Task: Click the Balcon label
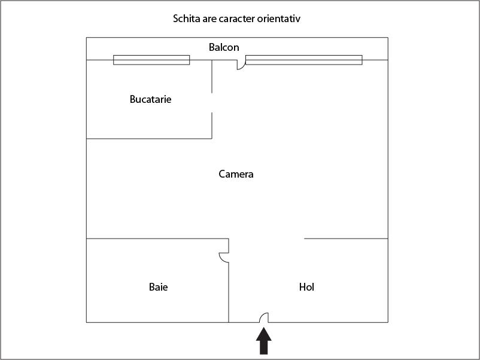point(224,47)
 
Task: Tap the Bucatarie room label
point(150,99)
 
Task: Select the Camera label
point(236,174)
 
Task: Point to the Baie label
point(158,287)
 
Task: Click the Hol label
point(307,287)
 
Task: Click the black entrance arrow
point(263,341)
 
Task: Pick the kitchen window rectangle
point(151,60)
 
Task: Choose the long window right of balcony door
point(304,60)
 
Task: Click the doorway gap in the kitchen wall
point(212,103)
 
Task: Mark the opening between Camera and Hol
point(266,239)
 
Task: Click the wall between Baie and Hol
point(229,292)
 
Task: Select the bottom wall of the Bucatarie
point(149,139)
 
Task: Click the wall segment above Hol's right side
point(346,239)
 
